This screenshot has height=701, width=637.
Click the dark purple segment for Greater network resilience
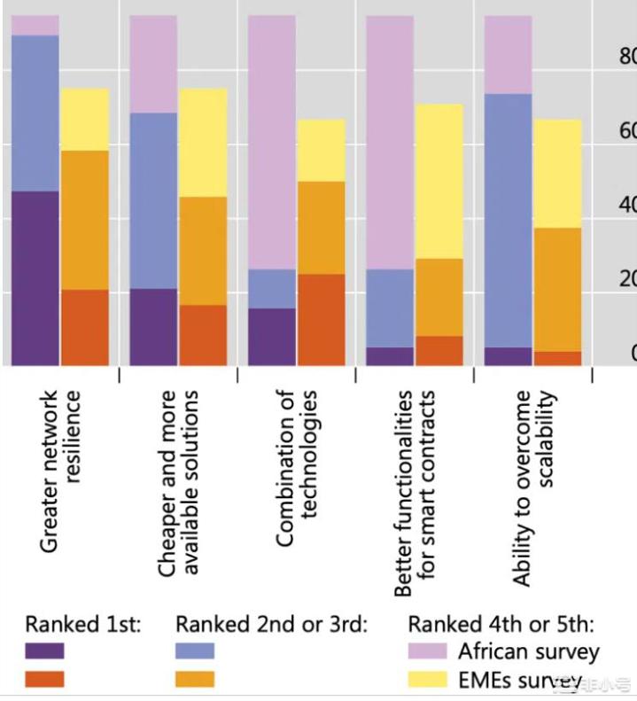click(35, 278)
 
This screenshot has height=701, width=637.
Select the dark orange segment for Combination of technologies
click(321, 319)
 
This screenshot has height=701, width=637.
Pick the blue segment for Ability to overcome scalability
click(509, 220)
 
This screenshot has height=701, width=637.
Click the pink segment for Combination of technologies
click(272, 142)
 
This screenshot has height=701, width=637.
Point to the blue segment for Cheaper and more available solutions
click(153, 200)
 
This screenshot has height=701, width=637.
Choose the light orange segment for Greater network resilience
click(85, 220)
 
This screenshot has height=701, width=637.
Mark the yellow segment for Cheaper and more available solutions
click(203, 142)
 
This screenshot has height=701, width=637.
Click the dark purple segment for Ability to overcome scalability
click(509, 356)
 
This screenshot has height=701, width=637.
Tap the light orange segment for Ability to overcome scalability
click(558, 289)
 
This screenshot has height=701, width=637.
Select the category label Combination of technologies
click(297, 468)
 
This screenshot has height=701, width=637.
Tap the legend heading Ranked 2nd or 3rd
click(271, 624)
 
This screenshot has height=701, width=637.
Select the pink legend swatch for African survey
click(427, 651)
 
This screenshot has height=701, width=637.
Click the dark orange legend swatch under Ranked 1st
click(45, 680)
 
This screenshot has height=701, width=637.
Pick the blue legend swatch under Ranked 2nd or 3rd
click(195, 651)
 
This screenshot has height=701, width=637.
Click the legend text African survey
click(529, 651)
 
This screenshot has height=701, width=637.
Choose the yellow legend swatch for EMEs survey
click(427, 680)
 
